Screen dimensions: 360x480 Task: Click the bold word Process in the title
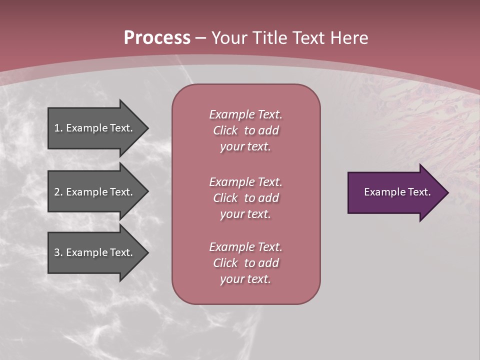157,38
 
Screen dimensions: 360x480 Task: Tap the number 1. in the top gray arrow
58,128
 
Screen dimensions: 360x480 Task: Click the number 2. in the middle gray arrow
58,192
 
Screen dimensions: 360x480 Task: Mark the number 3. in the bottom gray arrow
58,252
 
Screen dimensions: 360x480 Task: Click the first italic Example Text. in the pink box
245,114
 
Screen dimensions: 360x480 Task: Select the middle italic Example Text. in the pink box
245,182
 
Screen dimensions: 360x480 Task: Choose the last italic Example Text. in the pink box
245,247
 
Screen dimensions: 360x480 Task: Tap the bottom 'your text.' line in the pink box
245,279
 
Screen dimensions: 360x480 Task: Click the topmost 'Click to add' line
245,131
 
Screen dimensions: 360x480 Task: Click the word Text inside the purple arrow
419,192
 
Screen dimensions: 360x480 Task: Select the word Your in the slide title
229,38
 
